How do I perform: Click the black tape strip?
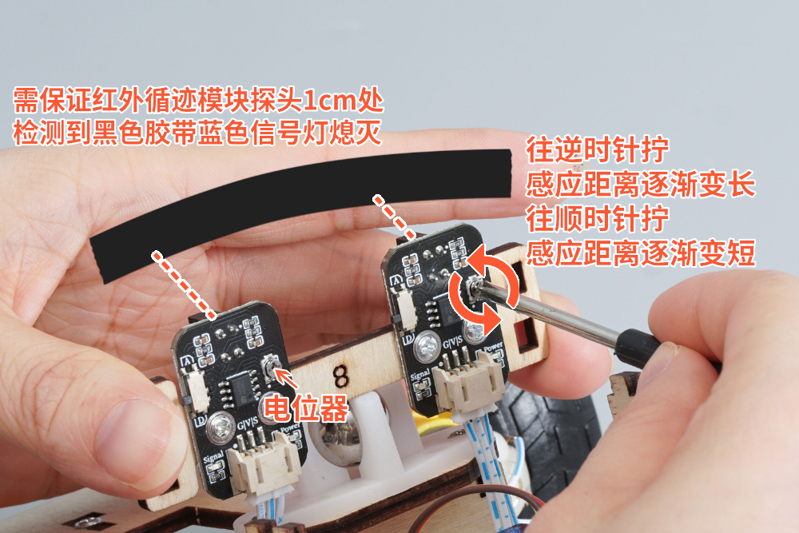[300, 204]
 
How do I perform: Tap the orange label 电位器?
[305, 408]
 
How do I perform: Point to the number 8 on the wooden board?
[341, 376]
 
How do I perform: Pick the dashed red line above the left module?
[184, 284]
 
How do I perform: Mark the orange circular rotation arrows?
[483, 289]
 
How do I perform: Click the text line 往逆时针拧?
[597, 149]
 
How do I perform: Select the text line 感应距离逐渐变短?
[640, 253]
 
